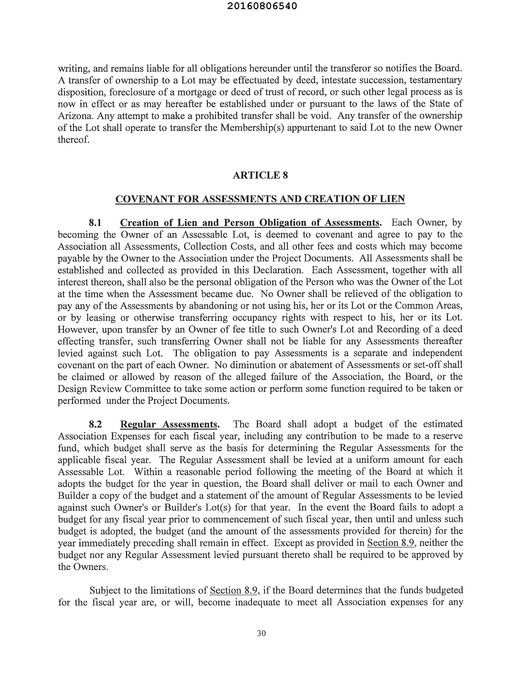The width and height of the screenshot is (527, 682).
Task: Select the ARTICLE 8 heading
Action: tap(260, 175)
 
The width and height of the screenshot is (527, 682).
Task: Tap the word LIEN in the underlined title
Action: tap(393, 199)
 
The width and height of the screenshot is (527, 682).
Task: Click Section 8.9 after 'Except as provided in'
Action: tap(391, 543)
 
